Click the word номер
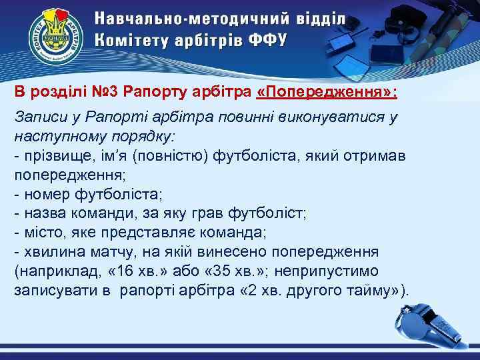49,194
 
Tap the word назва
45,213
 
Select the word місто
43,233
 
